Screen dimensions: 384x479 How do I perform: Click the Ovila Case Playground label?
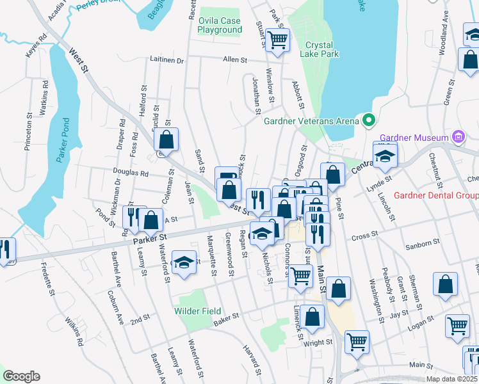pyautogui.click(x=220, y=26)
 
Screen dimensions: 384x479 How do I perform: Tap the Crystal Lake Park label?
pyautogui.click(x=321, y=50)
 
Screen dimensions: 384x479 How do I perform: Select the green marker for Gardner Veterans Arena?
pyautogui.click(x=368, y=120)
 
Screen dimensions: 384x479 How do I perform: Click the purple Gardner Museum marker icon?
pyautogui.click(x=457, y=136)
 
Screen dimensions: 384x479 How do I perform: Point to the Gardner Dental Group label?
pyautogui.click(x=436, y=196)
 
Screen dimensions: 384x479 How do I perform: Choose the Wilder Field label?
pyautogui.click(x=198, y=312)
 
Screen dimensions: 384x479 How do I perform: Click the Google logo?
pyautogui.click(x=21, y=376)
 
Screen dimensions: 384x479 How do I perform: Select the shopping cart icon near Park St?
pyautogui.click(x=277, y=40)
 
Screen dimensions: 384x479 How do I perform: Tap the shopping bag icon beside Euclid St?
pyautogui.click(x=166, y=140)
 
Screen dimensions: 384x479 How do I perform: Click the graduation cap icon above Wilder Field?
pyautogui.click(x=184, y=263)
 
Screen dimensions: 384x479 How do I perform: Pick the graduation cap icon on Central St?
pyautogui.click(x=385, y=156)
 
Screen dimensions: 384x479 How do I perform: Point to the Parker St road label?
pyautogui.click(x=150, y=237)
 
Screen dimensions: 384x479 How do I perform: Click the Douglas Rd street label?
pyautogui.click(x=131, y=173)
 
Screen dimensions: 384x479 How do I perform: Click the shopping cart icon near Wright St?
pyautogui.click(x=357, y=342)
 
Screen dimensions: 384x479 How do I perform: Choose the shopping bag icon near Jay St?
pyautogui.click(x=445, y=285)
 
